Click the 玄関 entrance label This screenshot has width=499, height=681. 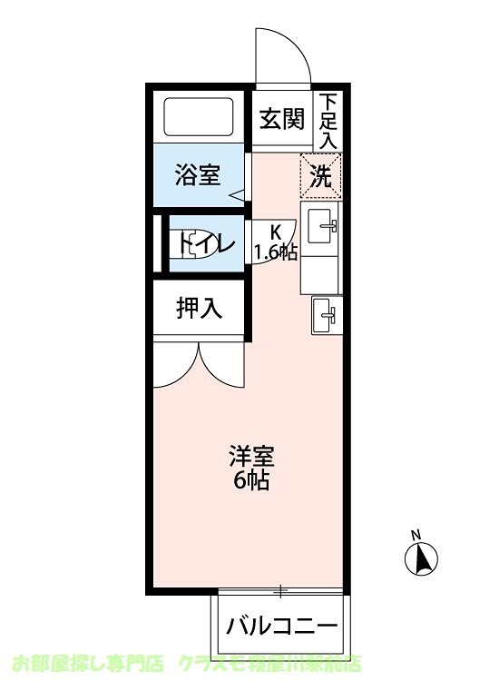[281, 120]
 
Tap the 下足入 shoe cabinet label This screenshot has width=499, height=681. [328, 120]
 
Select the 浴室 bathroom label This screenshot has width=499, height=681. [198, 174]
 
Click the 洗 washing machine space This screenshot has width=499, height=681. [320, 176]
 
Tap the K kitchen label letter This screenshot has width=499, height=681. [275, 232]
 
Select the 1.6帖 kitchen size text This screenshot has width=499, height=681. [275, 252]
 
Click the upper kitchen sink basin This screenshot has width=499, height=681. [322, 226]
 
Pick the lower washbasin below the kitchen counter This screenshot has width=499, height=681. [324, 316]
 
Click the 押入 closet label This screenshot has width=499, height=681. [199, 309]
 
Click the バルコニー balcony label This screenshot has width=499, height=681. [282, 626]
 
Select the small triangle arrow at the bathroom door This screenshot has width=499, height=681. [237, 193]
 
